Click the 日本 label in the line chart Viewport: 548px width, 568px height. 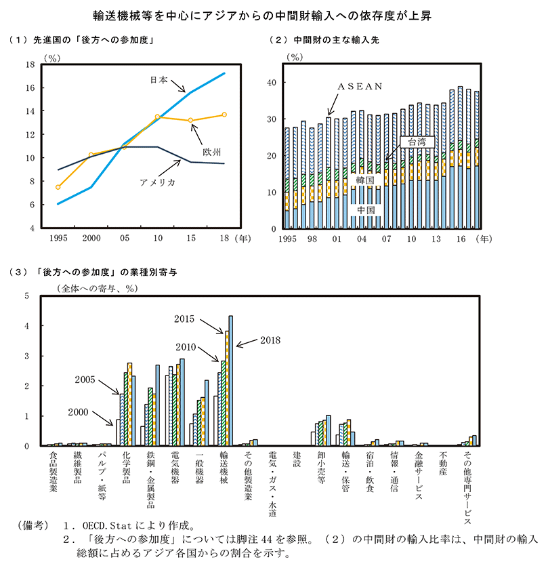[159, 79]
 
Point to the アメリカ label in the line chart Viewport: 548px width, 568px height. [157, 182]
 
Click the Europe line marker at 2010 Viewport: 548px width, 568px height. [158, 117]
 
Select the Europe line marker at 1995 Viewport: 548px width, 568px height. [58, 187]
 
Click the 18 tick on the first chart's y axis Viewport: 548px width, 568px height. [30, 65]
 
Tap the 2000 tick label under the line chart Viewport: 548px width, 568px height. [91, 239]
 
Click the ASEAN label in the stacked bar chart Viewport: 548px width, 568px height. [361, 86]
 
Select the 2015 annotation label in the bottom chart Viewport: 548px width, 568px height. [184, 318]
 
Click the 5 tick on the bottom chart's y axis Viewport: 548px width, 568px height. [26, 296]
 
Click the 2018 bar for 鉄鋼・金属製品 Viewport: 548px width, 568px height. [158, 405]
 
